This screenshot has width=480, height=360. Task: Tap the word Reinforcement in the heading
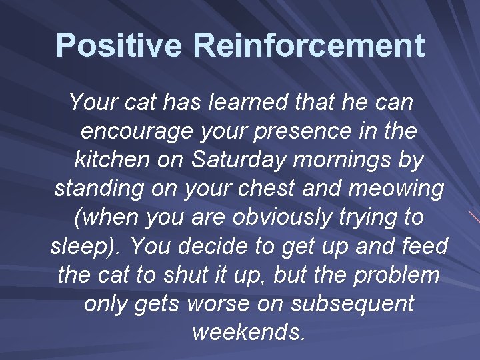(x=309, y=45)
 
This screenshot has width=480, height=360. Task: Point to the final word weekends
(x=249, y=331)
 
